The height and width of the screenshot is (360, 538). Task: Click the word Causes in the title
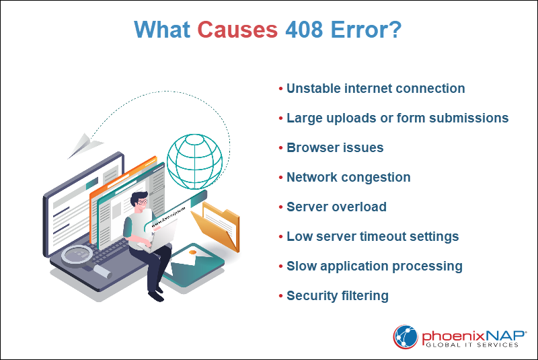click(237, 30)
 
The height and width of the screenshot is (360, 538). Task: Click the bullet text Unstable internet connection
click(375, 89)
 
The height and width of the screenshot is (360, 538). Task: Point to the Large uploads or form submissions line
click(397, 118)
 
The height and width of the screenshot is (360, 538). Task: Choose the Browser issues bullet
click(335, 148)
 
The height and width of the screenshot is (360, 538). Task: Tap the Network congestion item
click(348, 178)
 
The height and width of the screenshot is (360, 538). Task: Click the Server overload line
click(336, 207)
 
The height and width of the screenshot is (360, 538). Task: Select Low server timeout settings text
click(373, 237)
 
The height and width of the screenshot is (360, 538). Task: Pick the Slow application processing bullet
click(374, 266)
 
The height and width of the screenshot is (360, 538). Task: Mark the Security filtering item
click(338, 296)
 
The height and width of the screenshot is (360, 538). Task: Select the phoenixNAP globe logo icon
click(405, 336)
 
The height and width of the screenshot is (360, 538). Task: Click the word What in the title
click(163, 30)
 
